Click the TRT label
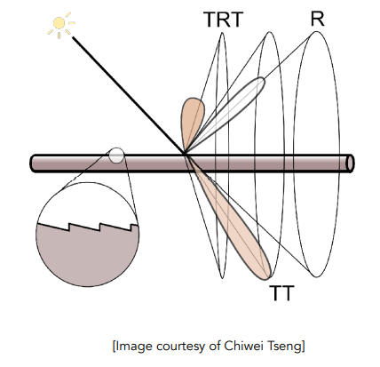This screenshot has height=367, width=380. coord(224,20)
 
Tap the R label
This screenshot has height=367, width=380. coord(318,19)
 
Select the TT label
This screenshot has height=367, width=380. coord(282,293)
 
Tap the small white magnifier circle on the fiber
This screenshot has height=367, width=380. coord(116,156)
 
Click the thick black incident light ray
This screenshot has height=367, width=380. coord(128,95)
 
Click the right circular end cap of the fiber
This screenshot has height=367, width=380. coord(351,163)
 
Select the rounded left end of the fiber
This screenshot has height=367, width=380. coord(33,163)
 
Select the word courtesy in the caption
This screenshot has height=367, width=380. coord(180,347)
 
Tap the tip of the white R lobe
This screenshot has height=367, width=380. coord(264,79)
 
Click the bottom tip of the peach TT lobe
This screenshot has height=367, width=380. coord(268,278)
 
